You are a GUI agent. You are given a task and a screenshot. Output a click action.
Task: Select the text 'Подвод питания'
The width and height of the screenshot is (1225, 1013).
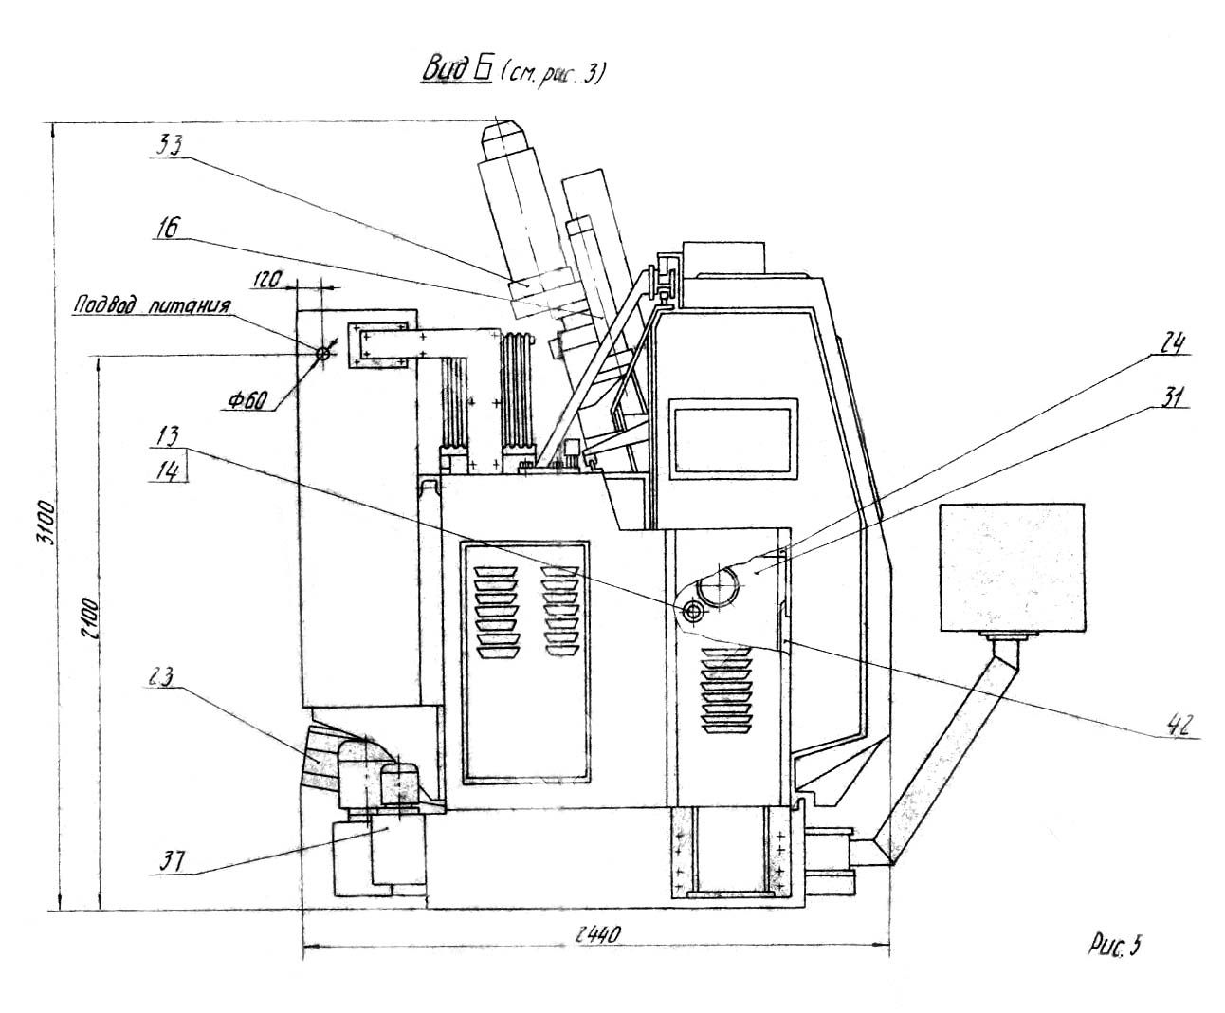pyautogui.click(x=152, y=306)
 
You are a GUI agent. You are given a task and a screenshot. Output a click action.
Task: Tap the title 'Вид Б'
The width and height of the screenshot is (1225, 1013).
pyautogui.click(x=453, y=73)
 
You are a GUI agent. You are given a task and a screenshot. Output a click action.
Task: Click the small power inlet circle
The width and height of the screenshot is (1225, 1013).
pyautogui.click(x=322, y=353)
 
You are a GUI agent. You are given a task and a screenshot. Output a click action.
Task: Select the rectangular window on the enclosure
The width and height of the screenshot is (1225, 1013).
pyautogui.click(x=731, y=436)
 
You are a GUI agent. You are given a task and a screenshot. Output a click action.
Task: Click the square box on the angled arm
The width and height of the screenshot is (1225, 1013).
pyautogui.click(x=1011, y=568)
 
